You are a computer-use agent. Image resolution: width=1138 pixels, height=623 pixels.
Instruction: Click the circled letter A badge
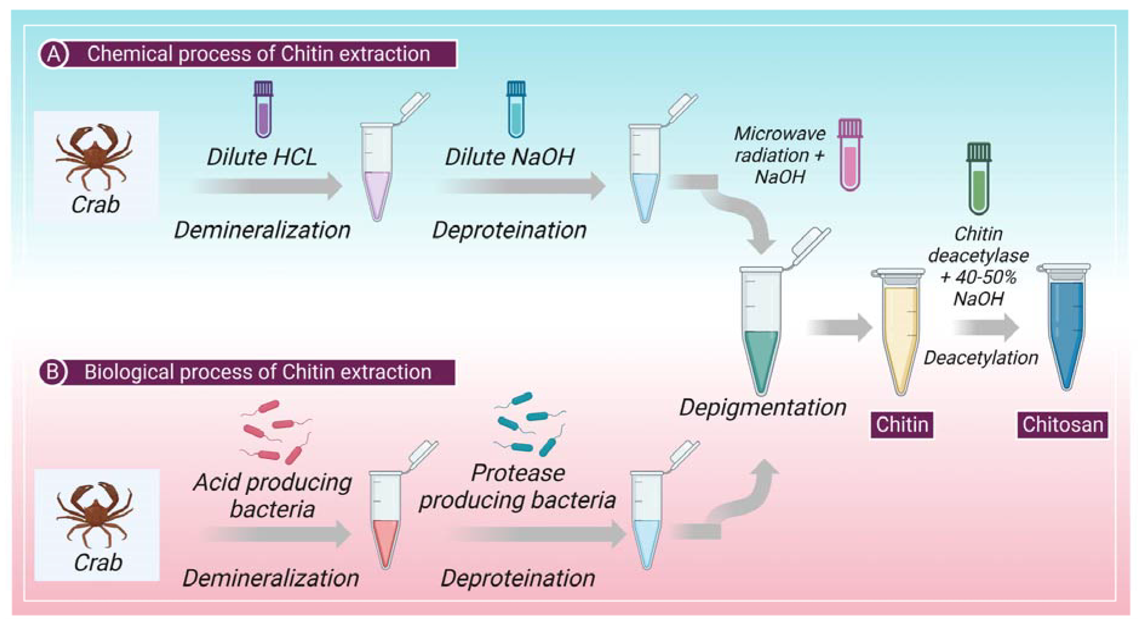click(x=54, y=54)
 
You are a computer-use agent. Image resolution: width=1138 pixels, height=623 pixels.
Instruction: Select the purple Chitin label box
click(x=902, y=425)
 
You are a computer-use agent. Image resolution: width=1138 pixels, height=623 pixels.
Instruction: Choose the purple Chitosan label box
click(x=1063, y=425)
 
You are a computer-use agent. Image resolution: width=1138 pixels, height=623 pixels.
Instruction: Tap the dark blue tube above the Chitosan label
click(x=1066, y=327)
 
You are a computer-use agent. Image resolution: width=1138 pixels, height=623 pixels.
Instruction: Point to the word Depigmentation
click(x=763, y=407)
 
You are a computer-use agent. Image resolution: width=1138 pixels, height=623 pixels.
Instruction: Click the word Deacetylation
click(x=981, y=358)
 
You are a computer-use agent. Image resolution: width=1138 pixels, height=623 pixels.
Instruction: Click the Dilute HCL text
click(x=262, y=157)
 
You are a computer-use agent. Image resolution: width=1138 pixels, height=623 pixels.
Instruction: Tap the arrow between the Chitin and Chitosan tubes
click(x=986, y=328)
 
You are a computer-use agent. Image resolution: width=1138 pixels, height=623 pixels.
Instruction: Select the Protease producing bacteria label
click(x=518, y=487)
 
